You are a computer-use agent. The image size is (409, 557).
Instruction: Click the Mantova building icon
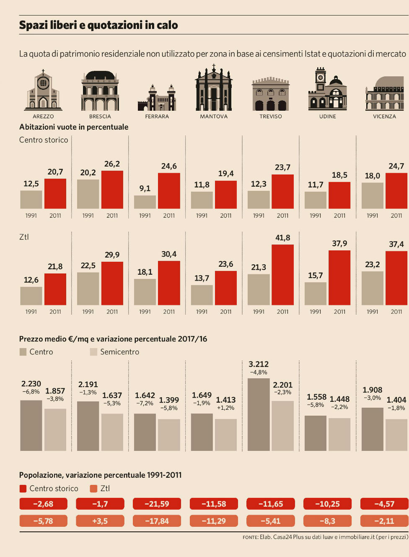(x=214, y=89)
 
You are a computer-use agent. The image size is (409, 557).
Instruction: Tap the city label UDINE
(x=328, y=117)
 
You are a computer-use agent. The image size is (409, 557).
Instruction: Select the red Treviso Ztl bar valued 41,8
(x=282, y=275)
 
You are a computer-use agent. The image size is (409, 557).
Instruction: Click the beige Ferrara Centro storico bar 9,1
(x=145, y=202)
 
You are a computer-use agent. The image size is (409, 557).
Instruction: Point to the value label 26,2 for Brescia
(x=112, y=164)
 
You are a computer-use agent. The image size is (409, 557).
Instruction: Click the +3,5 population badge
(x=100, y=521)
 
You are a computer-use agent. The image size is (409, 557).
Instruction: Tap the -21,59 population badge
(x=157, y=504)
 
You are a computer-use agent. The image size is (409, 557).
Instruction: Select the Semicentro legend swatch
(x=93, y=352)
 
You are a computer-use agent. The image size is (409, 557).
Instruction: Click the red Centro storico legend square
(x=23, y=489)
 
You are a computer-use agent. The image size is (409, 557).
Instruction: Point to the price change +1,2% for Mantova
(x=225, y=408)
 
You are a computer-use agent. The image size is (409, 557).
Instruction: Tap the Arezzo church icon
(x=43, y=91)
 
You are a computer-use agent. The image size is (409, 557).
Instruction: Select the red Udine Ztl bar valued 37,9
(x=339, y=278)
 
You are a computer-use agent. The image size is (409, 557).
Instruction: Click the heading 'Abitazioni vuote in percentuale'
(x=74, y=127)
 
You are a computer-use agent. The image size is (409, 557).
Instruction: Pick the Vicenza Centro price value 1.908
(x=372, y=390)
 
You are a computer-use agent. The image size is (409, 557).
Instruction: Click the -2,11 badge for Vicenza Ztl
(x=384, y=521)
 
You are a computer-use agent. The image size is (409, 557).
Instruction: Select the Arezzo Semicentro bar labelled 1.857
(x=55, y=429)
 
